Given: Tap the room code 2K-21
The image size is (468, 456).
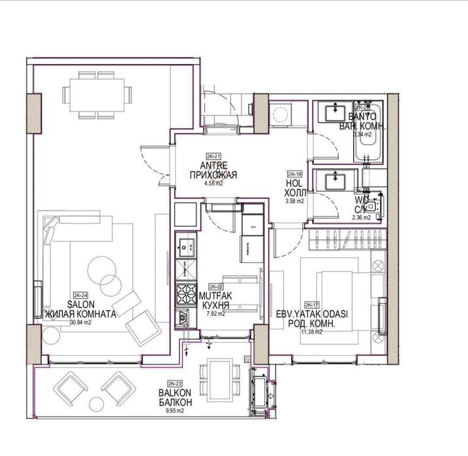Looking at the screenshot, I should click(213, 157).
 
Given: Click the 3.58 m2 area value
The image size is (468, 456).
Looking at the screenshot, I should click(295, 202).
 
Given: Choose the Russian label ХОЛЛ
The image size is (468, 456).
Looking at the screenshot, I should click(295, 193).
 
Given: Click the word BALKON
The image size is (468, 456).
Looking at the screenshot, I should click(174, 393).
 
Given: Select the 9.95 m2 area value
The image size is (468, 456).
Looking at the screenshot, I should click(174, 411).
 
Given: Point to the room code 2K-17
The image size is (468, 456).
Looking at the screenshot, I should click(312, 305).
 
